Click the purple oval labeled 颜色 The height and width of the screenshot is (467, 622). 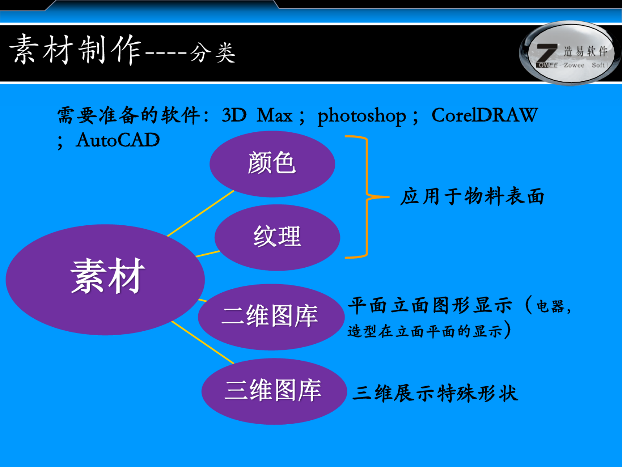point(272,164)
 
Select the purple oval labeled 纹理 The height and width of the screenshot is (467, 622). point(277,237)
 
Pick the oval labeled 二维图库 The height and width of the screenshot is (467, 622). point(270,316)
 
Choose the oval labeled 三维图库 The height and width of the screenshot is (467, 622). point(274,391)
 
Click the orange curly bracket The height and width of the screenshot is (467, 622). point(366,196)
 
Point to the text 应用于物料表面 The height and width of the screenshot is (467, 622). point(472,196)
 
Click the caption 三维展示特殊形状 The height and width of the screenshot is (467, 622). point(435,393)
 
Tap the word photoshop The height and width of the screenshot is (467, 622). point(361,116)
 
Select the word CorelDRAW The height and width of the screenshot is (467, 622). point(484,115)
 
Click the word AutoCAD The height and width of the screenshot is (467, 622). point(118,140)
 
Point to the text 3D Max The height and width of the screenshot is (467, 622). point(257,115)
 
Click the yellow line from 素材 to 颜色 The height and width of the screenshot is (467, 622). point(201,213)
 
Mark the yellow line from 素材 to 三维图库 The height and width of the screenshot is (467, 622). point(203,342)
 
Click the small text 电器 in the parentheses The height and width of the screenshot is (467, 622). point(550,306)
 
